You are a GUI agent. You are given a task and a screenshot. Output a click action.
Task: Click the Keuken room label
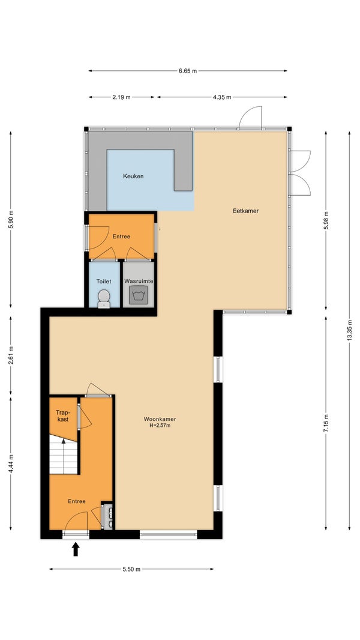(133, 177)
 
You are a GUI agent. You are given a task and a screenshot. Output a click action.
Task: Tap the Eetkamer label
(246, 211)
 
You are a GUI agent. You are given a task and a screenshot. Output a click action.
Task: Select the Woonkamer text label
(160, 419)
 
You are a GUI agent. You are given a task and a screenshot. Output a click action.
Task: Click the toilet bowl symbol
(104, 298)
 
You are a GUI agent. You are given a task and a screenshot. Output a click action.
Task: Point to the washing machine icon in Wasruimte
(139, 295)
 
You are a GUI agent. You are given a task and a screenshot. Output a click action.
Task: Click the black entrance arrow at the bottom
(76, 549)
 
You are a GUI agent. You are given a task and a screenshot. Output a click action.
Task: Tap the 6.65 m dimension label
(188, 71)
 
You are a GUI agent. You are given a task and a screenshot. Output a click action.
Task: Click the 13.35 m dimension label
(349, 331)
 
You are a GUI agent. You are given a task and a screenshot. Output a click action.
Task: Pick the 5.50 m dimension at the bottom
(131, 569)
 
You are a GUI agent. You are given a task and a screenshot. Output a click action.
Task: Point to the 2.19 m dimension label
(121, 97)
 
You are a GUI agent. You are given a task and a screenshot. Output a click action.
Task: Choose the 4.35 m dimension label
(222, 97)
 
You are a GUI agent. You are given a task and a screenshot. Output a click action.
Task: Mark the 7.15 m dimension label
(326, 423)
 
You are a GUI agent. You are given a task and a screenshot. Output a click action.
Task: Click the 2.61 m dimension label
(11, 354)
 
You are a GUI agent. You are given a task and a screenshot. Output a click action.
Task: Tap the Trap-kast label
(62, 415)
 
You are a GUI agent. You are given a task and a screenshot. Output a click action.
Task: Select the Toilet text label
(104, 282)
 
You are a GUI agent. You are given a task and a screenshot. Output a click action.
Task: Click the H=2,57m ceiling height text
(160, 426)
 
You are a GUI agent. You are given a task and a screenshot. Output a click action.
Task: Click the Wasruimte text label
(139, 282)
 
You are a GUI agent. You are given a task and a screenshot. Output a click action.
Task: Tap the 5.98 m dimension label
(326, 221)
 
